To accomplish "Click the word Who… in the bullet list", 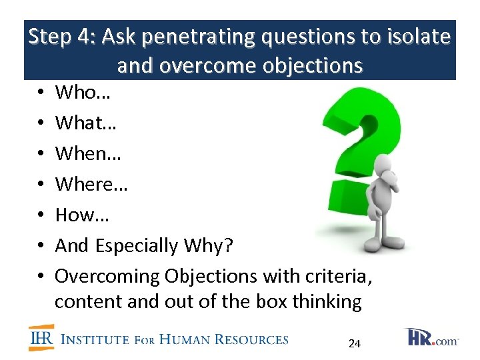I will click(83, 93).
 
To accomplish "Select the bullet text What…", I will click(86, 123).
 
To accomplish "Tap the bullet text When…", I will click(87, 153).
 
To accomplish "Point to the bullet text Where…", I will click(91, 184).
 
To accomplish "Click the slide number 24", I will click(355, 344).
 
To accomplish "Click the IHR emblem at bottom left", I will click(41, 337).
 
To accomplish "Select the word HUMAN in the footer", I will click(181, 339).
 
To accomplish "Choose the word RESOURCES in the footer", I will click(251, 339).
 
